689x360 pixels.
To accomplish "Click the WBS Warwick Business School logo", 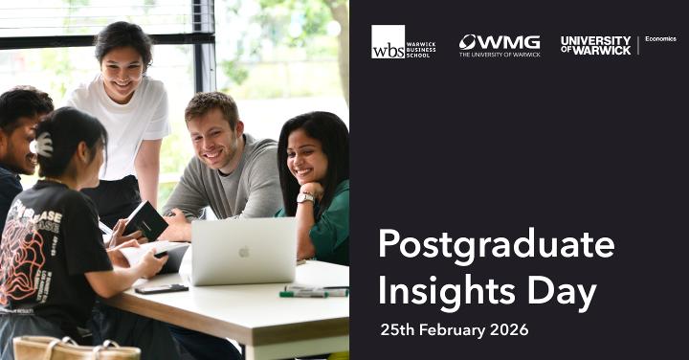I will (x=403, y=42).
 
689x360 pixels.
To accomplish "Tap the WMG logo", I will (x=499, y=45).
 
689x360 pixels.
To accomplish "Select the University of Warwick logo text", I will (x=595, y=45).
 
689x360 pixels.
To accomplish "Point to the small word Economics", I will (x=660, y=39).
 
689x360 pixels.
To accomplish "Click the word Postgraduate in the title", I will (x=496, y=245).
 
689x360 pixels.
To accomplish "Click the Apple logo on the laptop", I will (x=244, y=252).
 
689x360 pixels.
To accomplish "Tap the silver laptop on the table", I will (x=243, y=251).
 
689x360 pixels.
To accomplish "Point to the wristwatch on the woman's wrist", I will (x=305, y=197).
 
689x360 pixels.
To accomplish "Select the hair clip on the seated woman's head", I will (x=43, y=145).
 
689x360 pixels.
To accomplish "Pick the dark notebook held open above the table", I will (x=144, y=220).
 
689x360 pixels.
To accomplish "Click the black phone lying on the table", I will (x=161, y=288).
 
